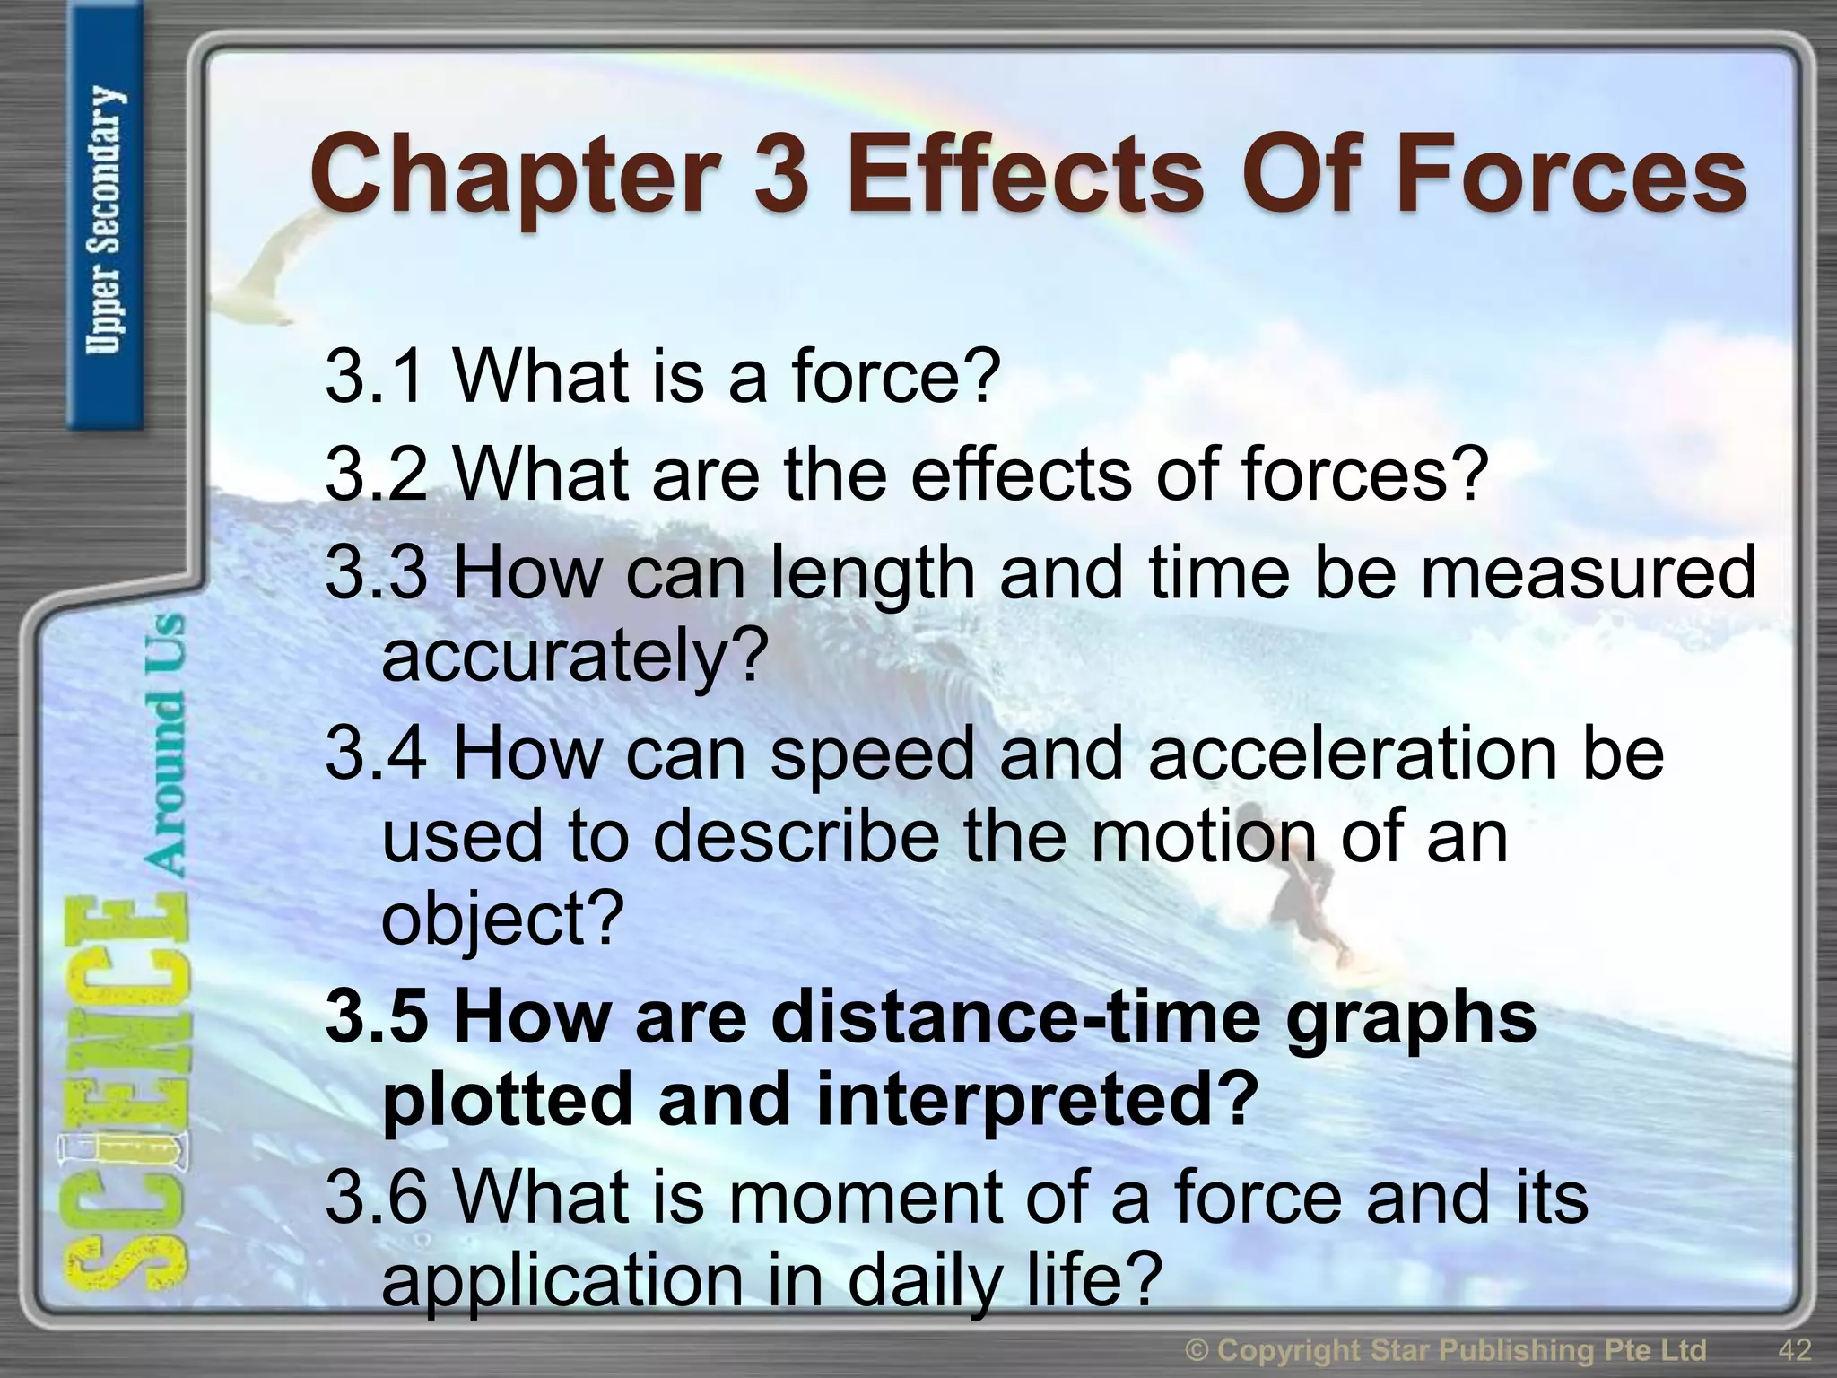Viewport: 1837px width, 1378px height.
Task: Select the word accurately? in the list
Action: coord(575,656)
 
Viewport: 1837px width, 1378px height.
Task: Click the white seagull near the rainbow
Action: coord(260,269)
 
